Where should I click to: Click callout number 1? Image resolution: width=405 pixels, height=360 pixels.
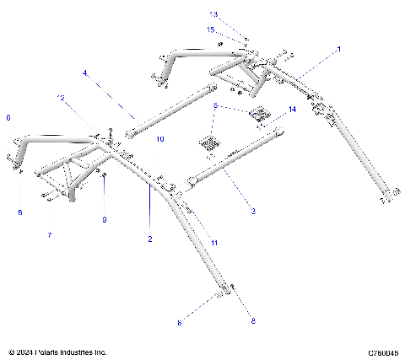(x=339, y=50)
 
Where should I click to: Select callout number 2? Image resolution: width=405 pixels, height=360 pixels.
(x=150, y=239)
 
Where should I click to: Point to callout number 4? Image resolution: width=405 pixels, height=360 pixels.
(x=85, y=74)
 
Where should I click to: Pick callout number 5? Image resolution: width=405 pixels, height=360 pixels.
(x=216, y=106)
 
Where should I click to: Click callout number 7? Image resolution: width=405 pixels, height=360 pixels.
(x=49, y=234)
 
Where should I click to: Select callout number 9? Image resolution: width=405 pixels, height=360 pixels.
(x=104, y=220)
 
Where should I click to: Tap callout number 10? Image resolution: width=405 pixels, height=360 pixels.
(x=160, y=138)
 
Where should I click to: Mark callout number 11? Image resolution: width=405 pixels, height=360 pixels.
(x=214, y=243)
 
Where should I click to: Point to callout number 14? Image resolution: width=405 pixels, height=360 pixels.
(x=292, y=110)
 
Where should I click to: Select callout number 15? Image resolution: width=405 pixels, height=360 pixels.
(x=210, y=30)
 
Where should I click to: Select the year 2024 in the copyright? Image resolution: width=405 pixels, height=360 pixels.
(x=25, y=352)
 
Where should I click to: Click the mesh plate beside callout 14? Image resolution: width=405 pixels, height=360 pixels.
(x=258, y=114)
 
